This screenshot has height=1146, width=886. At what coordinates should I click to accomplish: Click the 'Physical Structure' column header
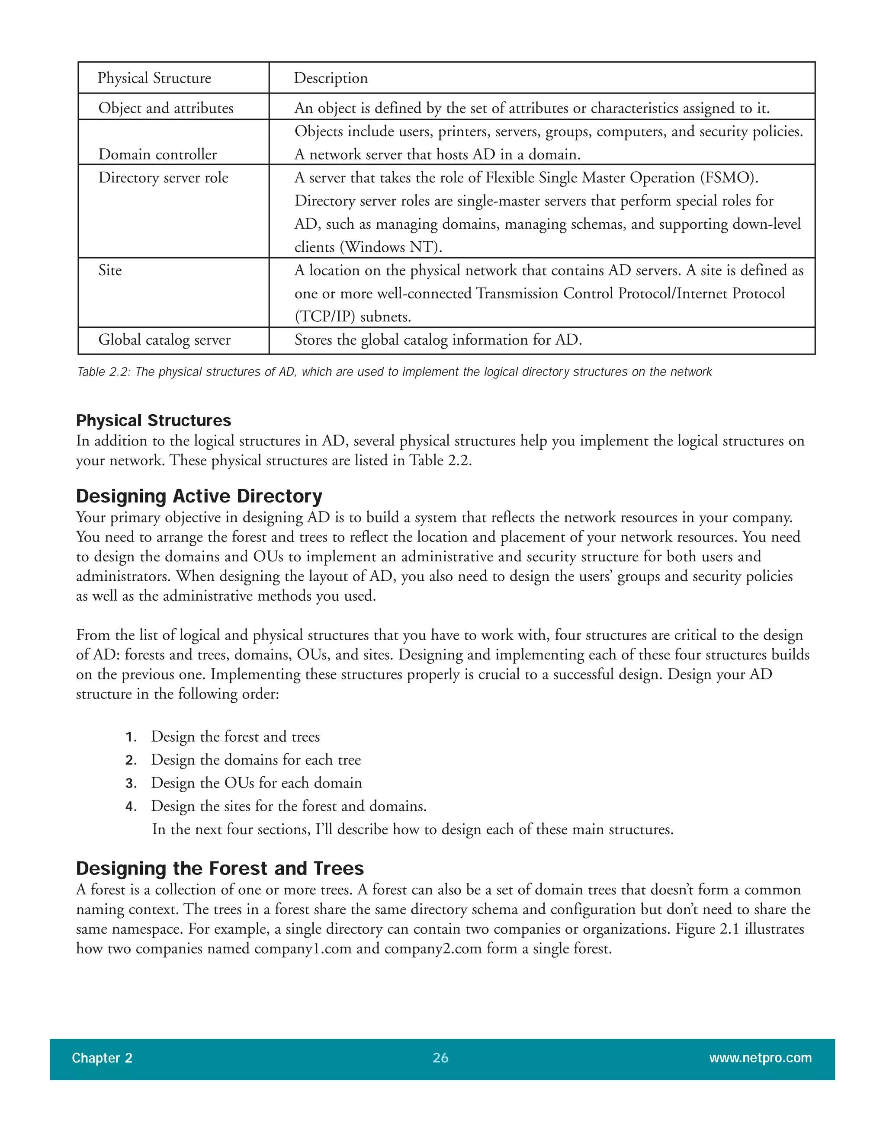154,78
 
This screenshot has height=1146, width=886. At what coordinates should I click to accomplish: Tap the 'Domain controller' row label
157,154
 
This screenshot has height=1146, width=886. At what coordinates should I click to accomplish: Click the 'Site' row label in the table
110,270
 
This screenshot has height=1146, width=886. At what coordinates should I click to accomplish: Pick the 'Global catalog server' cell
164,340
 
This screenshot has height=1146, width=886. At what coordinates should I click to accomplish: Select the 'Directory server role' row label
163,178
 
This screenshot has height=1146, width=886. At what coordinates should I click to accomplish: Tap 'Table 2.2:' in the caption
103,372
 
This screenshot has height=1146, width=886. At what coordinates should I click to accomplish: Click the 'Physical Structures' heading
153,420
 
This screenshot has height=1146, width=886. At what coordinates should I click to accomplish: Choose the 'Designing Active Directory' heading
199,496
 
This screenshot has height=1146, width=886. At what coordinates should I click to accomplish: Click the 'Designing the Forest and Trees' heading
219,868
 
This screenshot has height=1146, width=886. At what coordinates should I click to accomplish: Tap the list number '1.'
131,737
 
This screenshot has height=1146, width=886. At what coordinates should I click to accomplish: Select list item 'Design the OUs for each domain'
256,783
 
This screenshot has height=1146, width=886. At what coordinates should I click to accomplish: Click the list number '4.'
131,807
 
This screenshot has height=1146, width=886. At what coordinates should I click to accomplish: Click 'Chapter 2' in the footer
102,1058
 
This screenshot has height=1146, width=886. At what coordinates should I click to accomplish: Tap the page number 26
440,1058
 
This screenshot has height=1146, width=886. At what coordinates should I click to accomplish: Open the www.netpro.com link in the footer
760,1058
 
